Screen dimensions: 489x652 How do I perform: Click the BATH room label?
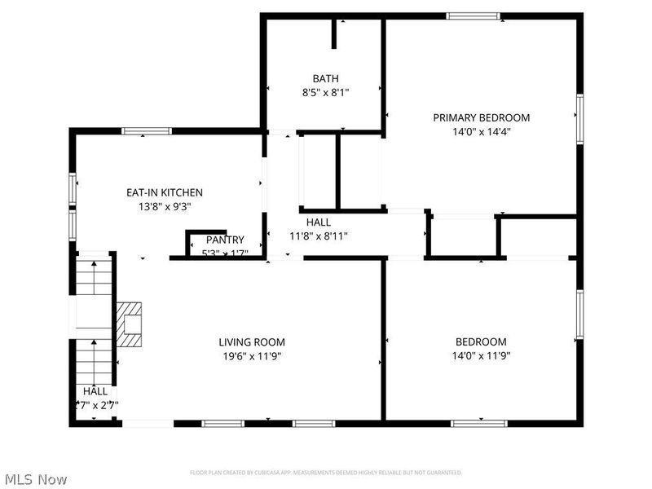[x=325, y=79]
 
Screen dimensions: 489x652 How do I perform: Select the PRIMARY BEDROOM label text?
[x=481, y=117]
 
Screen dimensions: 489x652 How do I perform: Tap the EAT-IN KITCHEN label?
[x=164, y=192]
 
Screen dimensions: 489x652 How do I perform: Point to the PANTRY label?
[x=225, y=240]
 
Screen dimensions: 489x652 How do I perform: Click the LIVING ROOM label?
[x=252, y=342]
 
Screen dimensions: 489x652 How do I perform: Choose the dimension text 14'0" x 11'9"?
[x=481, y=355]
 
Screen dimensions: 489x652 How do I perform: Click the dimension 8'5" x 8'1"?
[x=325, y=93]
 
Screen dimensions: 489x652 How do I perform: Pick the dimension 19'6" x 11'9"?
[x=252, y=355]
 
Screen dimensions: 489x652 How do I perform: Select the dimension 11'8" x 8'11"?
[x=318, y=236]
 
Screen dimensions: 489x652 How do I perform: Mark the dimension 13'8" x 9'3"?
[x=164, y=206]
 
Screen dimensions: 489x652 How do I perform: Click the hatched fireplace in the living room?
[x=128, y=324]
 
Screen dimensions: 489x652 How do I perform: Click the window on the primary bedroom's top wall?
[x=473, y=15]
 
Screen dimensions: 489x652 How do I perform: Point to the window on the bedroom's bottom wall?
[x=475, y=423]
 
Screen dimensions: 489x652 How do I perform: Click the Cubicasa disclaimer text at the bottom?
[x=326, y=473]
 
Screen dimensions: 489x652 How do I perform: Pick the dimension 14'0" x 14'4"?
[x=481, y=130]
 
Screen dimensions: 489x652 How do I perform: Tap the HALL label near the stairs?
[x=95, y=391]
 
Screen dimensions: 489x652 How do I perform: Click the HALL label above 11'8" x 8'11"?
[x=318, y=222]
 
